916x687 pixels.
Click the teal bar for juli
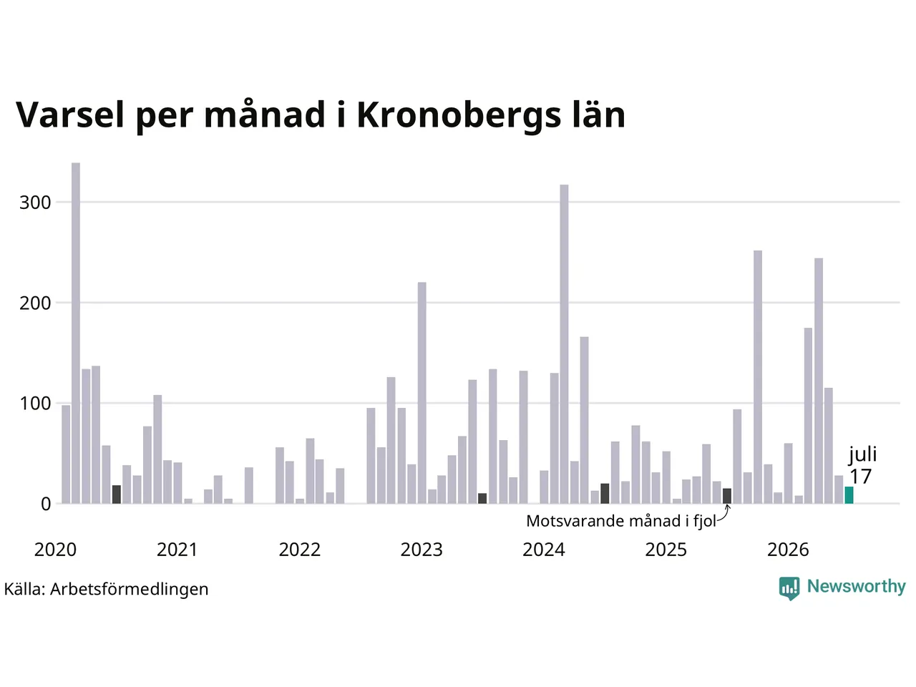pyautogui.click(x=849, y=494)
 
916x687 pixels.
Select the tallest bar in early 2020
pyautogui.click(x=76, y=333)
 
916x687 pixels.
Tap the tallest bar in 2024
pyautogui.click(x=564, y=344)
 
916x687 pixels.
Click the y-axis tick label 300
pyautogui.click(x=35, y=203)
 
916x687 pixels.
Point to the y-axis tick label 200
pyautogui.click(x=35, y=303)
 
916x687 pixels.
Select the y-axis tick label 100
pyautogui.click(x=35, y=404)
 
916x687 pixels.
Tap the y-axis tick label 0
pyautogui.click(x=46, y=505)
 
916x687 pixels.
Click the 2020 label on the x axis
pyautogui.click(x=55, y=550)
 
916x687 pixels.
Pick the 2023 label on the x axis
pyautogui.click(x=422, y=550)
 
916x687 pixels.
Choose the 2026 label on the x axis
pyautogui.click(x=788, y=550)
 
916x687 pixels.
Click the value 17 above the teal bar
pyautogui.click(x=860, y=477)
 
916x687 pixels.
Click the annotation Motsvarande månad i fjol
pyautogui.click(x=621, y=522)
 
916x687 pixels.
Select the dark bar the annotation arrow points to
pyautogui.click(x=727, y=496)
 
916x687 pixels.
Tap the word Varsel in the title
pyautogui.click(x=70, y=114)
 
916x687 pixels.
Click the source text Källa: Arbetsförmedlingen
pyautogui.click(x=106, y=590)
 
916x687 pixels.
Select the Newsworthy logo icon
pyautogui.click(x=789, y=588)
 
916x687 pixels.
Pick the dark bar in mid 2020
pyautogui.click(x=117, y=494)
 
